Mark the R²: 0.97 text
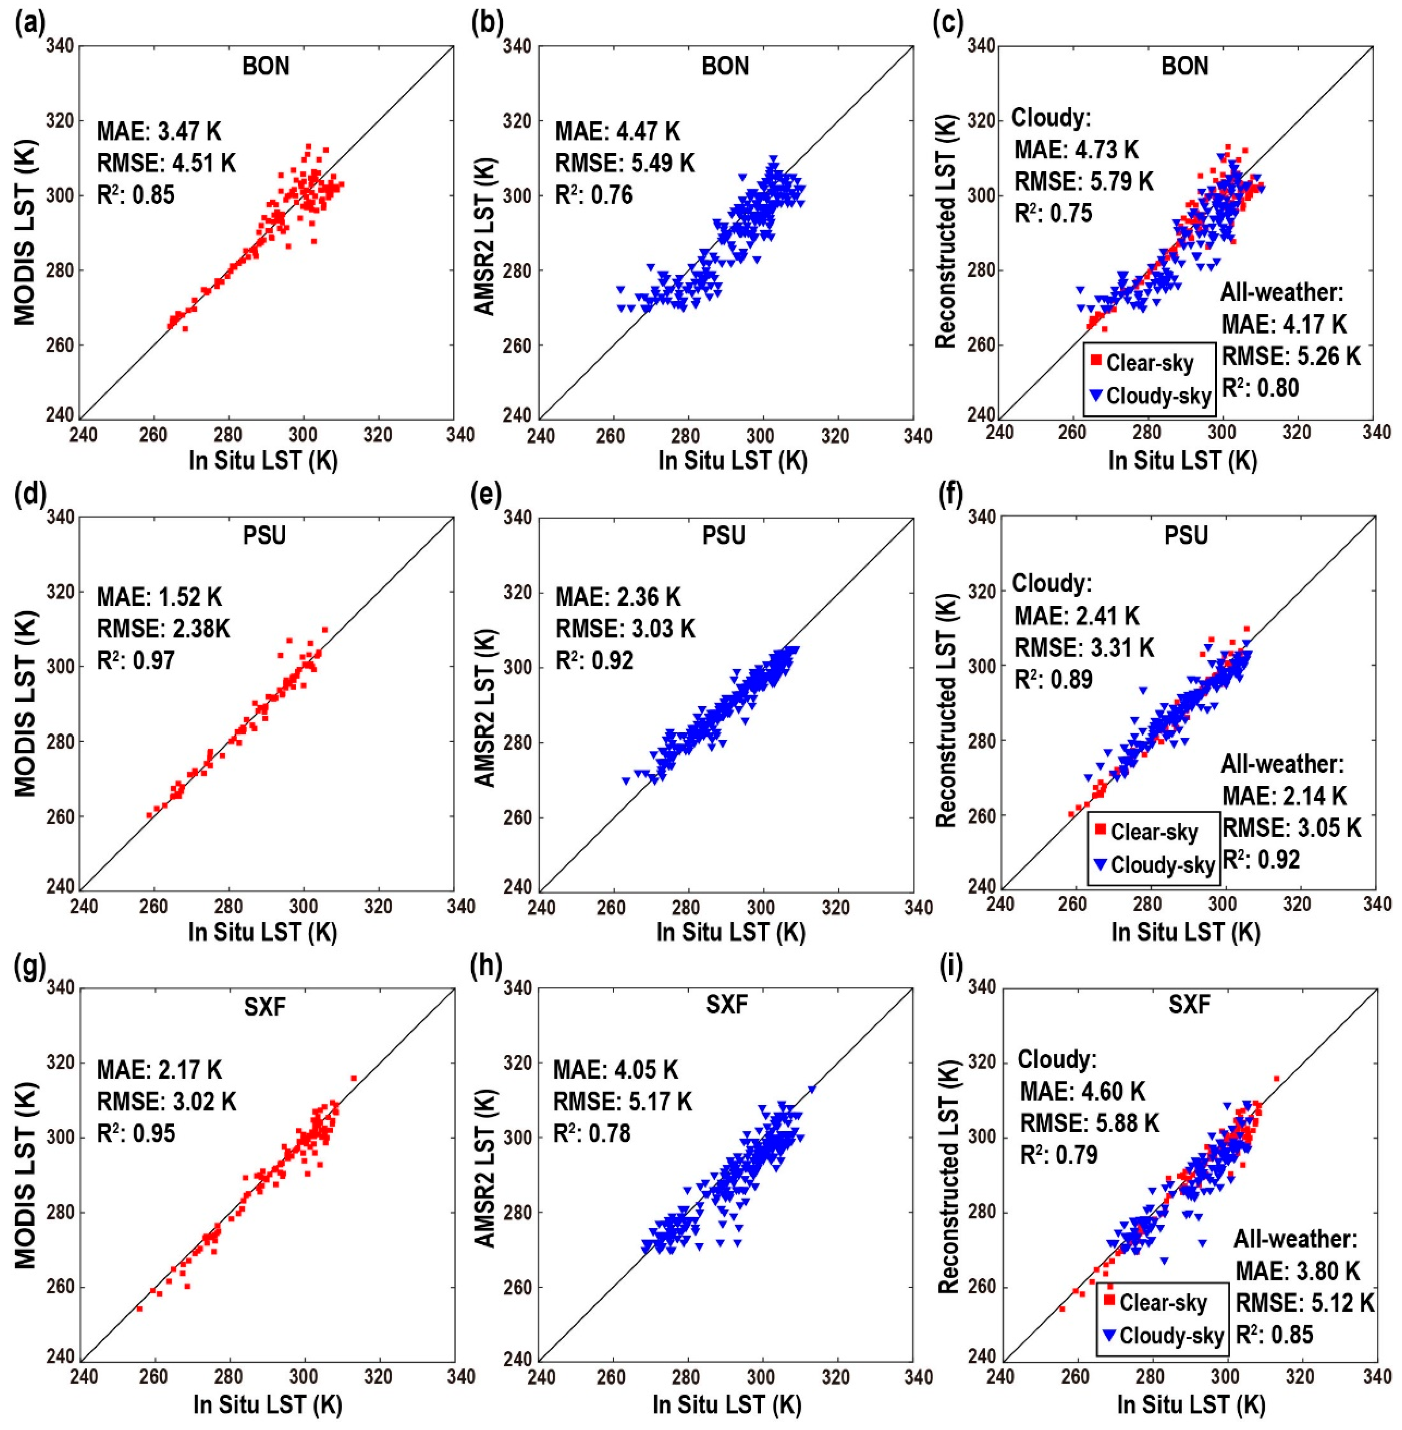pos(136,660)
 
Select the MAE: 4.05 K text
pos(616,1070)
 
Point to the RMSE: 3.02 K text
pos(166,1102)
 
